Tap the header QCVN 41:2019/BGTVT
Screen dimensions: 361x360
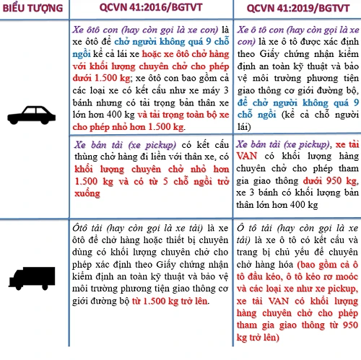pyautogui.click(x=293, y=10)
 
